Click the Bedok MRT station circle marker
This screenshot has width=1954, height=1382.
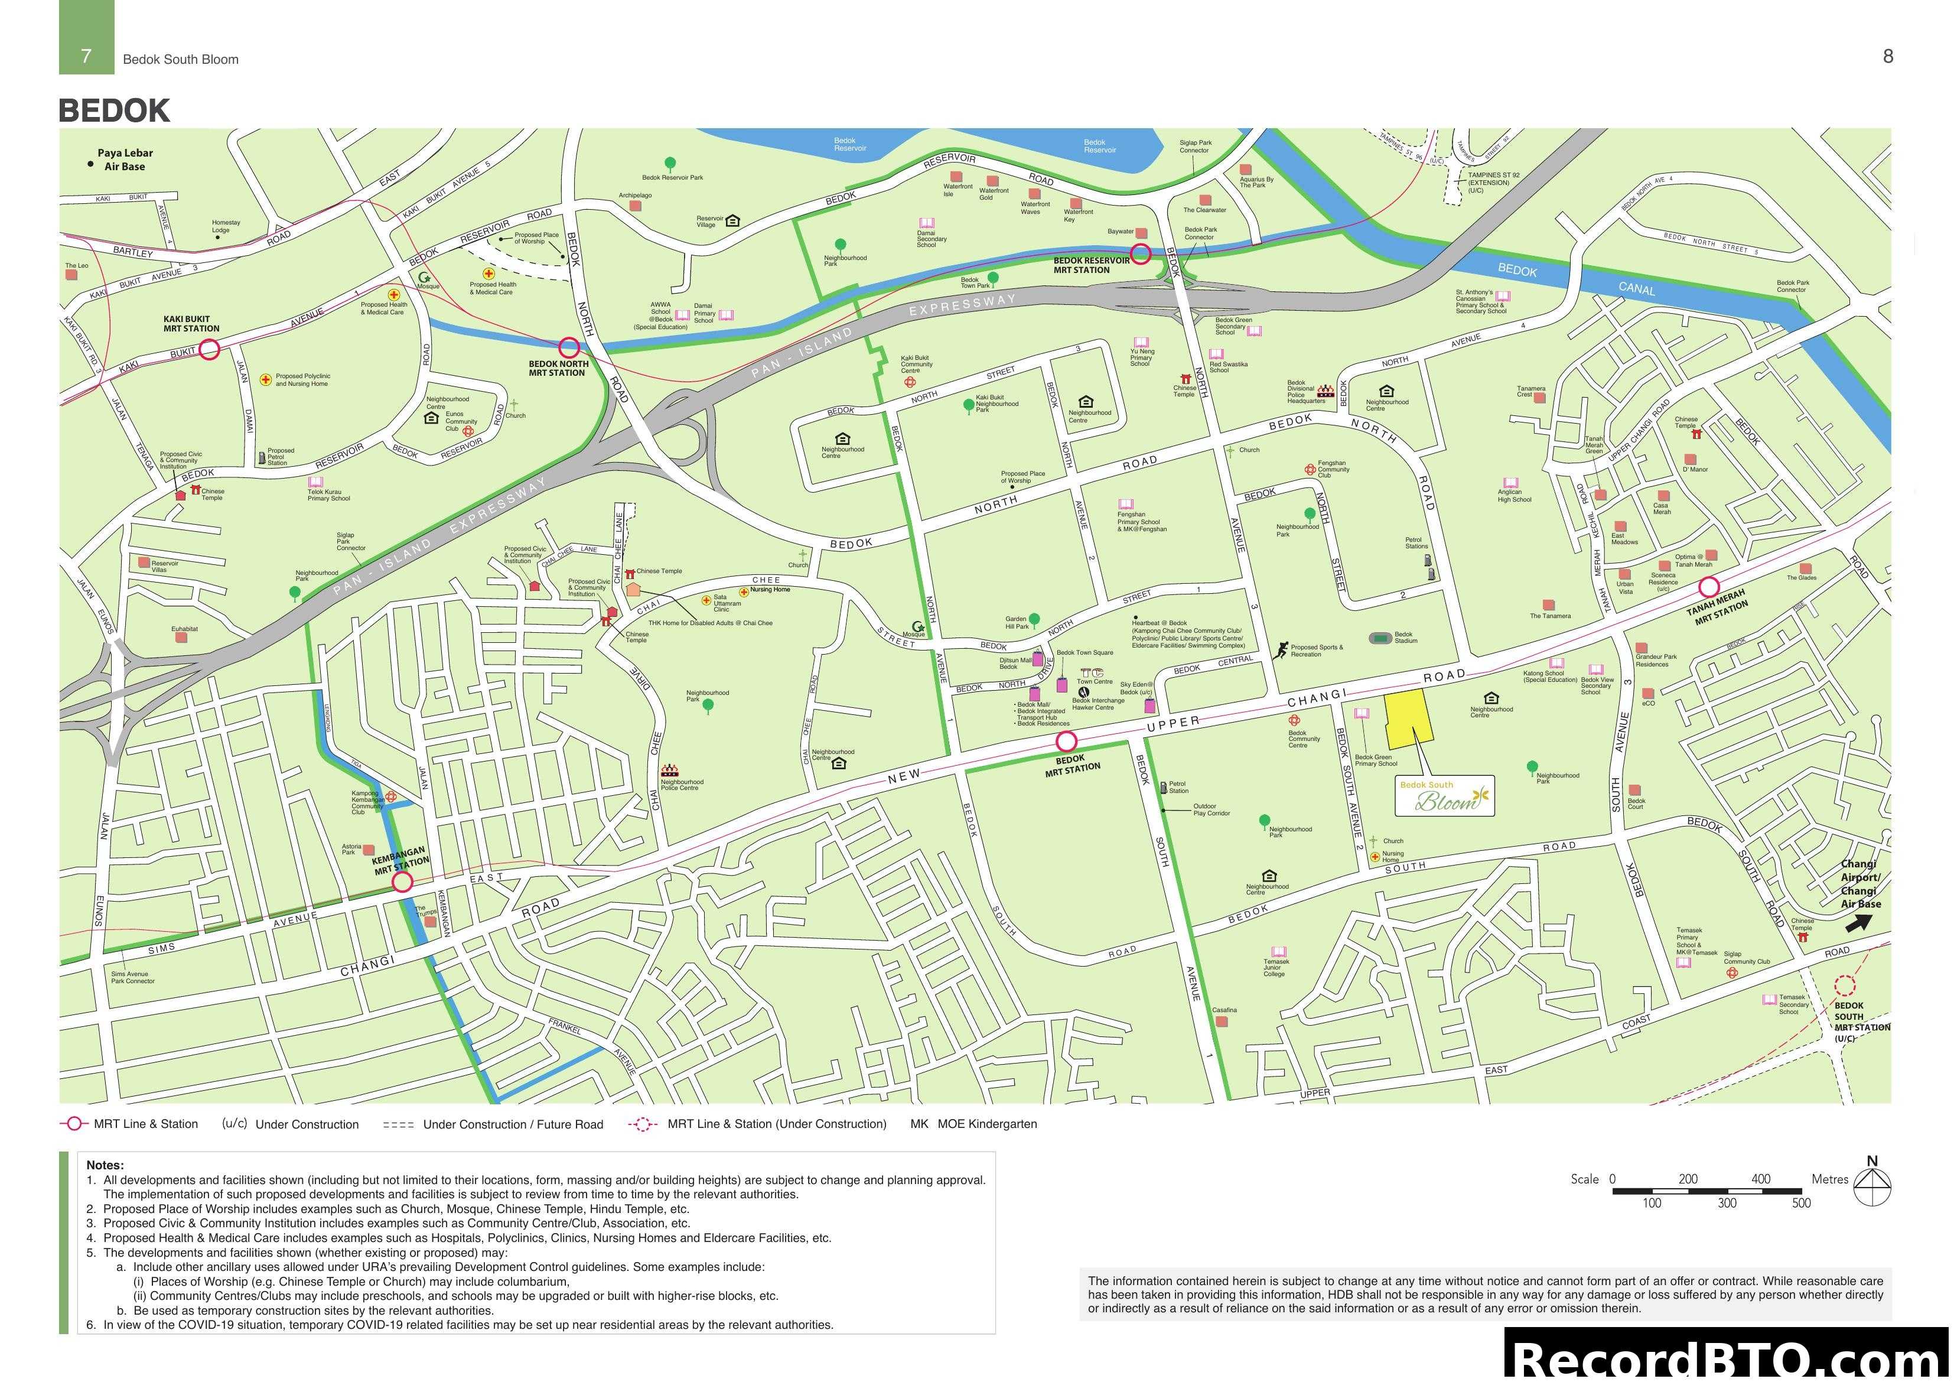pos(1066,742)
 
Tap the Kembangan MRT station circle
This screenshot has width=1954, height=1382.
pos(402,882)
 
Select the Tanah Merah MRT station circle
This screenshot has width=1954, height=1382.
pos(1709,587)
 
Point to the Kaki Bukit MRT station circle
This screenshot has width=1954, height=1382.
pos(209,349)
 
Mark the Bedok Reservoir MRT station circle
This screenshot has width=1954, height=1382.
pos(1141,253)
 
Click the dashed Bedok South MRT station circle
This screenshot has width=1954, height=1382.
pos(1844,986)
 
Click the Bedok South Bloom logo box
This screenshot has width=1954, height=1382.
pos(1444,796)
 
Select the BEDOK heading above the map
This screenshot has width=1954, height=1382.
pos(114,110)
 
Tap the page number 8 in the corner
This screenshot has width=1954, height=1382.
pos(1888,56)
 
